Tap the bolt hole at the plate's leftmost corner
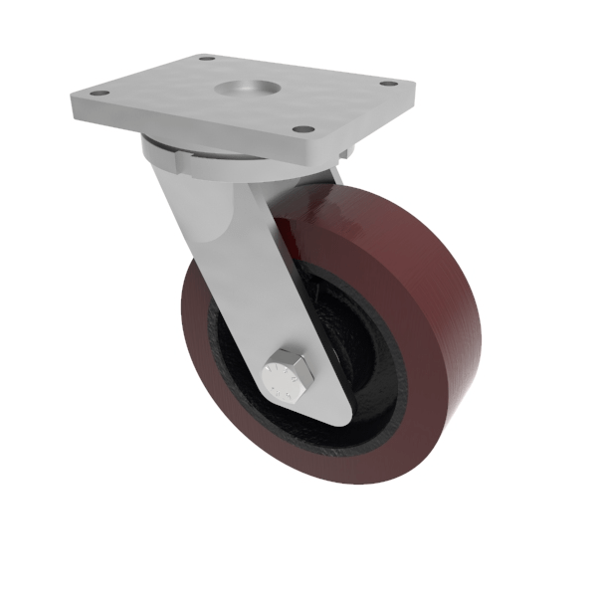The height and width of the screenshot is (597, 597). point(98,94)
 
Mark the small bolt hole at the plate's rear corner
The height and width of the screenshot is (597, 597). point(207,59)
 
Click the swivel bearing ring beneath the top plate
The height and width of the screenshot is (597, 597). point(199,159)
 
